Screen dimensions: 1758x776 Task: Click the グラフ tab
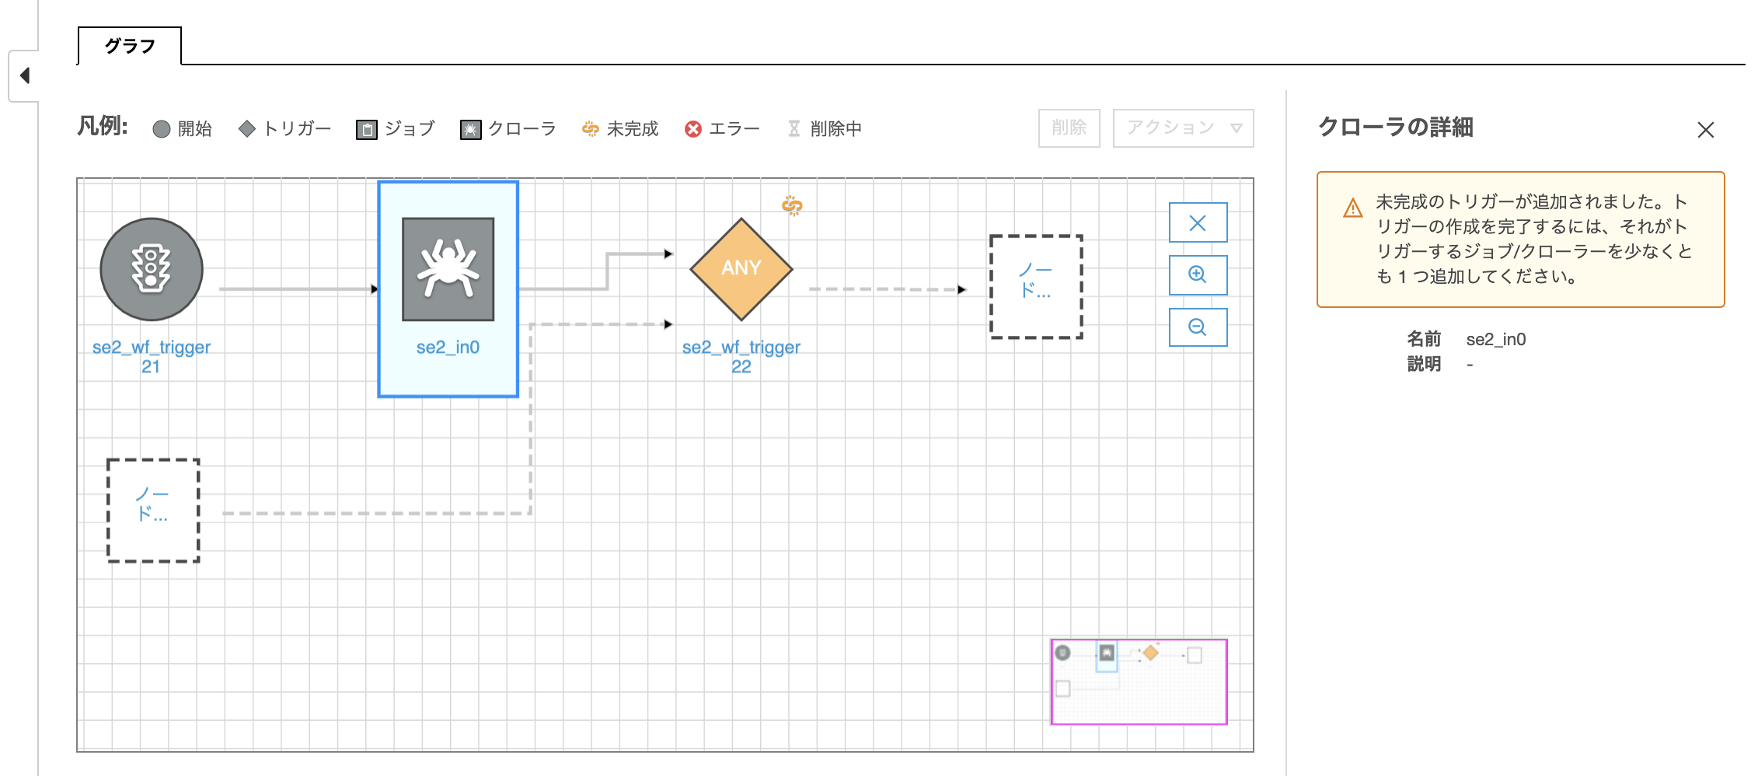click(130, 46)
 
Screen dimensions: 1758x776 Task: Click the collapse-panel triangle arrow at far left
click(25, 75)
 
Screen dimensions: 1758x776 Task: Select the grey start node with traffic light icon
click(152, 269)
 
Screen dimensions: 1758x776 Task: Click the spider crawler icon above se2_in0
click(448, 269)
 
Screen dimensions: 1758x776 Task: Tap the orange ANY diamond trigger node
click(741, 269)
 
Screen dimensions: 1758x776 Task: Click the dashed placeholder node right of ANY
click(1036, 287)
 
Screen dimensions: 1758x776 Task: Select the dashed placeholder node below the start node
click(153, 510)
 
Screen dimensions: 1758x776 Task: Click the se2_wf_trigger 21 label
click(152, 357)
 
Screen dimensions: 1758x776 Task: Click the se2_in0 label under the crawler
click(448, 348)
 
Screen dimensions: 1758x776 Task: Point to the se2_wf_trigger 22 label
click(741, 357)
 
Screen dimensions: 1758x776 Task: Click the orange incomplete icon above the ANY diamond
click(792, 204)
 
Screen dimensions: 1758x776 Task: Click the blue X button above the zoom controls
click(1198, 223)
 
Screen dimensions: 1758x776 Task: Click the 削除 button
click(1069, 128)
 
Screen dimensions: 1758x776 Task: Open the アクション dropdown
click(1183, 128)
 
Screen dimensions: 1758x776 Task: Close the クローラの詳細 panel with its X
click(1706, 130)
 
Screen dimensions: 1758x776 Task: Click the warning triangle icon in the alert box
click(1353, 208)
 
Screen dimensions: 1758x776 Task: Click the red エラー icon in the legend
click(693, 129)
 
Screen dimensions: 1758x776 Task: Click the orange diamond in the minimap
click(1151, 653)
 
